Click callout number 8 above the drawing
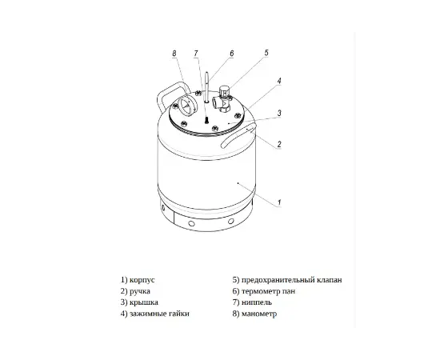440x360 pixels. click(x=174, y=54)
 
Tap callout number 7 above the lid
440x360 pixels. click(x=196, y=54)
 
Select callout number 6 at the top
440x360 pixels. click(x=231, y=54)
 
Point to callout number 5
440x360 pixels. click(x=266, y=53)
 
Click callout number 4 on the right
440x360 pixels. click(x=278, y=81)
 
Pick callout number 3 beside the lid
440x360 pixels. click(x=279, y=113)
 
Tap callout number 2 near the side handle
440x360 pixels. click(x=279, y=144)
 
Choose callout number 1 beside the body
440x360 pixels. click(x=279, y=202)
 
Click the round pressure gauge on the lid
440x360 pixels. click(x=186, y=106)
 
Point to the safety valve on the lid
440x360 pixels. click(x=223, y=98)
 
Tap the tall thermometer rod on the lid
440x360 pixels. click(x=207, y=87)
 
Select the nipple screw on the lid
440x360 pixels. click(x=206, y=120)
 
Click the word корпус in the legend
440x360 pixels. click(x=142, y=280)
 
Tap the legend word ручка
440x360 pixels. click(x=140, y=291)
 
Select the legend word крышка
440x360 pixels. click(x=144, y=302)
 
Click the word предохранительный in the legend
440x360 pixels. click(x=279, y=280)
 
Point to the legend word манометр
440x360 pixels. click(x=259, y=314)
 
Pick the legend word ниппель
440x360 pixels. click(x=257, y=302)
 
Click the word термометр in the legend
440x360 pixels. click(x=262, y=291)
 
